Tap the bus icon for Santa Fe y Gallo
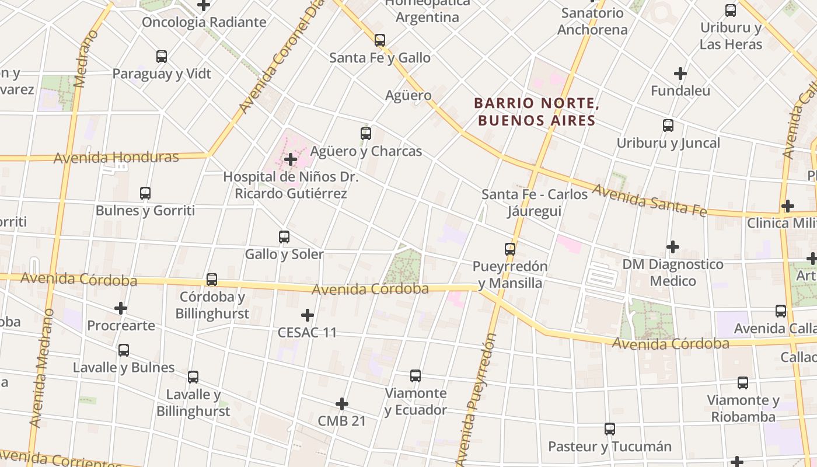pyautogui.click(x=380, y=40)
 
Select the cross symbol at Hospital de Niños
pyautogui.click(x=290, y=159)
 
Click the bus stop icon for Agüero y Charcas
pyautogui.click(x=366, y=134)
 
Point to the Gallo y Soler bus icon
pyautogui.click(x=284, y=237)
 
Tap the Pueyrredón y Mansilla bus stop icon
pyautogui.click(x=510, y=249)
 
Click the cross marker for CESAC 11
pyautogui.click(x=308, y=316)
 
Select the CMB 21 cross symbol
pyautogui.click(x=342, y=404)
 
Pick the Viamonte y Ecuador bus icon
pyautogui.click(x=416, y=376)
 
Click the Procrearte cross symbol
pyautogui.click(x=121, y=308)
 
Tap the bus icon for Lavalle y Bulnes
pyautogui.click(x=124, y=350)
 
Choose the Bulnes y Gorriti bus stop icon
pyautogui.click(x=145, y=193)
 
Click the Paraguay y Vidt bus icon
pyautogui.click(x=162, y=57)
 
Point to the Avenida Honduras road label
pyautogui.click(x=116, y=158)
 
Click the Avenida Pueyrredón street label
pyautogui.click(x=477, y=400)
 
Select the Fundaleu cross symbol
pyautogui.click(x=680, y=74)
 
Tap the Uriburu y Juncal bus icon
pyautogui.click(x=668, y=126)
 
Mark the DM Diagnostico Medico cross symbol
pyautogui.click(x=673, y=247)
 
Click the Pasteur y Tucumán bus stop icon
pyautogui.click(x=610, y=429)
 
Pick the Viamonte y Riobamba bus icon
pyautogui.click(x=743, y=383)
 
